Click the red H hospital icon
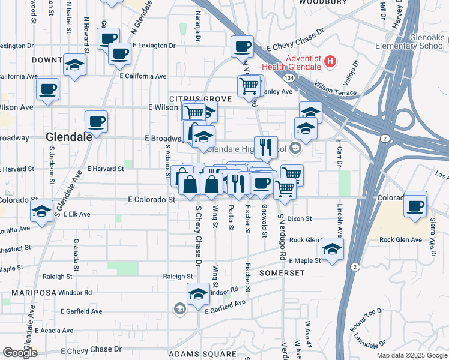[x=330, y=61]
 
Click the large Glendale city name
[x=69, y=137]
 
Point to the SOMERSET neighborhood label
[x=282, y=272]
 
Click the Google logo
[x=20, y=353]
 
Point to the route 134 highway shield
[x=289, y=77]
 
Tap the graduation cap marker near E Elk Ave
[x=41, y=211]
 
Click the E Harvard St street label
[x=106, y=169]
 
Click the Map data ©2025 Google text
[x=411, y=355]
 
